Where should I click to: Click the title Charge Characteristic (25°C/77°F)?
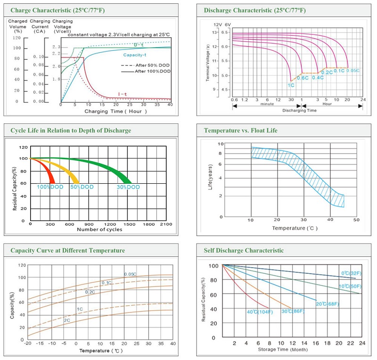(57, 10)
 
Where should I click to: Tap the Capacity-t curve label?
(135, 55)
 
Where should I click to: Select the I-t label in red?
(123, 94)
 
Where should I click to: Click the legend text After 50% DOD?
(152, 65)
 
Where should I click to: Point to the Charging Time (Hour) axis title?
(115, 111)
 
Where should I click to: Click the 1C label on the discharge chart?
(291, 85)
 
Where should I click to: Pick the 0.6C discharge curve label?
(303, 78)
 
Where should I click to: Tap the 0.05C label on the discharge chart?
(353, 71)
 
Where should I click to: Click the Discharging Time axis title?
(299, 110)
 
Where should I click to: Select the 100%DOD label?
(50, 187)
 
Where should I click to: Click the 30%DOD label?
(128, 187)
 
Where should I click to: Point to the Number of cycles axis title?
(99, 229)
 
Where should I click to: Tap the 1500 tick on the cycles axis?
(129, 224)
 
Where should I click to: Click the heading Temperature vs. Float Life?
(240, 131)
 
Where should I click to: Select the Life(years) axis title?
(210, 177)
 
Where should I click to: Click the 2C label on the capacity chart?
(67, 320)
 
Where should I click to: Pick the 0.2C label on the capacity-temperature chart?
(90, 292)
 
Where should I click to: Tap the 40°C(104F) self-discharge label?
(260, 312)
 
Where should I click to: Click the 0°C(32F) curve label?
(351, 273)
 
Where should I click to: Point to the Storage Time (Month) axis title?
(283, 350)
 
